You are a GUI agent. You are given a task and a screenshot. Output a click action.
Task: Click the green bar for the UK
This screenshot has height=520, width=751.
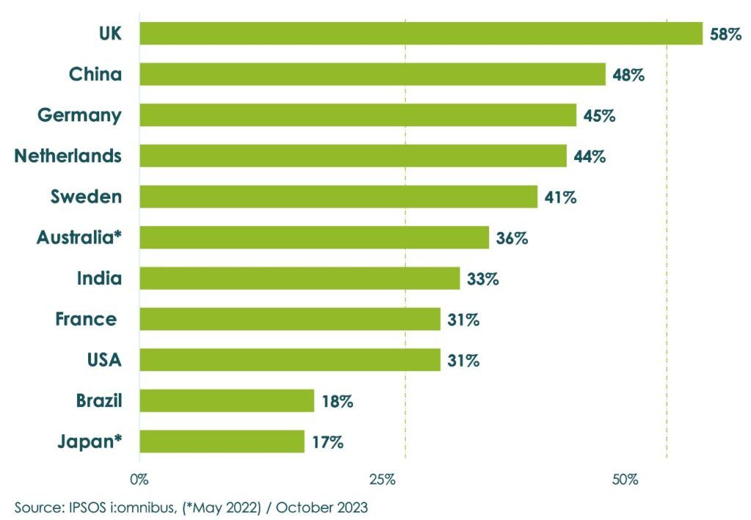click(421, 34)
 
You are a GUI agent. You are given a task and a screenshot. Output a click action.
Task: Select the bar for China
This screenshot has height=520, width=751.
click(373, 74)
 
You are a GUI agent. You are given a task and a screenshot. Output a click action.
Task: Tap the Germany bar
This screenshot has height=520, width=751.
click(358, 115)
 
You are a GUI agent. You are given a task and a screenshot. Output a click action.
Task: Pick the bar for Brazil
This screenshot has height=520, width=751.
click(227, 401)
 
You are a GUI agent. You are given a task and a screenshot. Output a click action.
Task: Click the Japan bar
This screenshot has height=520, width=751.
click(221, 442)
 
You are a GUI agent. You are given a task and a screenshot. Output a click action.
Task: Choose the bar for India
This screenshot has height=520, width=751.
click(299, 279)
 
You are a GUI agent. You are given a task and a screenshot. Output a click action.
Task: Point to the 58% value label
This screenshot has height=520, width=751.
click(725, 34)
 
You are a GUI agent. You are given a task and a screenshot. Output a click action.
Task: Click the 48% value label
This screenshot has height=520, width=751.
click(628, 74)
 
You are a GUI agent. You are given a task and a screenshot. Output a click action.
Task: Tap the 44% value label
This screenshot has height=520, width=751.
click(589, 156)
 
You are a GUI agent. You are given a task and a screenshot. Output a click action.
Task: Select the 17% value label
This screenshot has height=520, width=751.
click(326, 442)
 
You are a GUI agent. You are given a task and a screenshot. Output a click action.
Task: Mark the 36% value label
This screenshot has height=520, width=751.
click(511, 238)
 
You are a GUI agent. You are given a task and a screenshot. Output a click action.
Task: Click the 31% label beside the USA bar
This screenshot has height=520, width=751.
click(463, 361)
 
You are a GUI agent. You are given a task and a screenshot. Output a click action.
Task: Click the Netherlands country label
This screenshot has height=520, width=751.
click(68, 156)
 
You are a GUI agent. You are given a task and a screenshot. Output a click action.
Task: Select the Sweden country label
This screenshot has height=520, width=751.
click(86, 197)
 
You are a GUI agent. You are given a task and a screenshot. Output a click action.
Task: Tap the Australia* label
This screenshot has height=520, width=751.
click(79, 238)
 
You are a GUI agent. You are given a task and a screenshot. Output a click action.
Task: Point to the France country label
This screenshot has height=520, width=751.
click(86, 320)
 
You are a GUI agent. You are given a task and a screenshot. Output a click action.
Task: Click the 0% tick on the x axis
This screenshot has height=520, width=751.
click(139, 480)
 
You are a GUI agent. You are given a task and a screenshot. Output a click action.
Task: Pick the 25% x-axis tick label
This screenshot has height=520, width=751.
click(382, 480)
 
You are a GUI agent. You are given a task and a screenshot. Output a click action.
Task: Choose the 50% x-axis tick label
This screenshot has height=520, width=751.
click(625, 480)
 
